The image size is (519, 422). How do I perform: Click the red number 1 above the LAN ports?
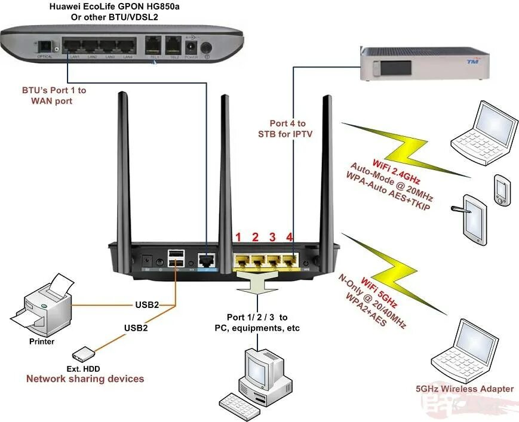coord(238,238)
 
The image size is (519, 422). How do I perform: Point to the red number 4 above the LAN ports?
coord(289,238)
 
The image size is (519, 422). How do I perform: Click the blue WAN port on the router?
coord(207,260)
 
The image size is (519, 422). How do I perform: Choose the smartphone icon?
coord(500,188)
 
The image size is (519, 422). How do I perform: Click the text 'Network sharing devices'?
coord(85,378)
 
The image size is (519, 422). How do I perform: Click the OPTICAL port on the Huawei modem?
coord(45,47)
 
